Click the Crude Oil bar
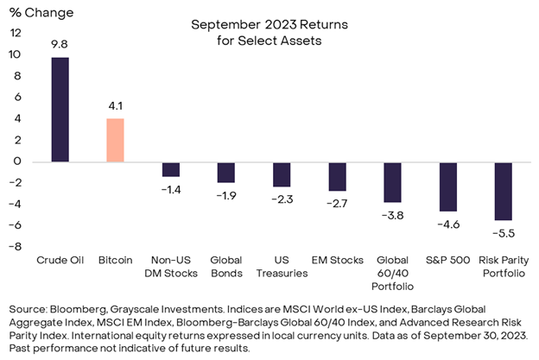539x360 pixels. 60,110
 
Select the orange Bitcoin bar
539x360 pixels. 115,140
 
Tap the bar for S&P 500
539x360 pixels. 447,186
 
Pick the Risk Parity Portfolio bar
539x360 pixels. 502,191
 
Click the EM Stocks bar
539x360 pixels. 337,176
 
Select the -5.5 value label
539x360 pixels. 502,232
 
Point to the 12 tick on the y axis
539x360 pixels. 15,33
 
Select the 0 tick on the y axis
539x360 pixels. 17,161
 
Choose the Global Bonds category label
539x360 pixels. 226,266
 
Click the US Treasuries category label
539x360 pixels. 282,266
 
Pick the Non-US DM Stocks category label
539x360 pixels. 171,266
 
